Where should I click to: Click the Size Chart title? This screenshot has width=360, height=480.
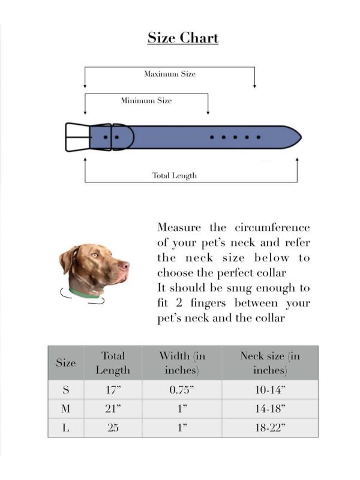tap(183, 38)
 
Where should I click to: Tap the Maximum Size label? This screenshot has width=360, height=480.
tap(169, 74)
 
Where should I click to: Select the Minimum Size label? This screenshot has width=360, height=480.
tap(146, 101)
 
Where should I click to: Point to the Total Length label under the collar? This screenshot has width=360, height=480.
tap(174, 176)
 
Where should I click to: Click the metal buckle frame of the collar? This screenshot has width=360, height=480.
tap(77, 137)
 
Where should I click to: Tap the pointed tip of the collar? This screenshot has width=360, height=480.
tap(299, 137)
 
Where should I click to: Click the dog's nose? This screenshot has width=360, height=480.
tap(125, 264)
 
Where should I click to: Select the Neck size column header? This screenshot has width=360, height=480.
tap(269, 362)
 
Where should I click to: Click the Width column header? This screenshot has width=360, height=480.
tap(181, 362)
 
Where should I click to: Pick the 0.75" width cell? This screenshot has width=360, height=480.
tap(181, 390)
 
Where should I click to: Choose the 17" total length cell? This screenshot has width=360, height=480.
tap(113, 390)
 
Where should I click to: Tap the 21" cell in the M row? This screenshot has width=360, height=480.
tap(113, 409)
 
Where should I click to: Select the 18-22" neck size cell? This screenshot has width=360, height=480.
tap(269, 428)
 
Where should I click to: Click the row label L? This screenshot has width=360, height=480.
tap(65, 428)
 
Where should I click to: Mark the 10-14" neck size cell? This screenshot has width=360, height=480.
tap(269, 390)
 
